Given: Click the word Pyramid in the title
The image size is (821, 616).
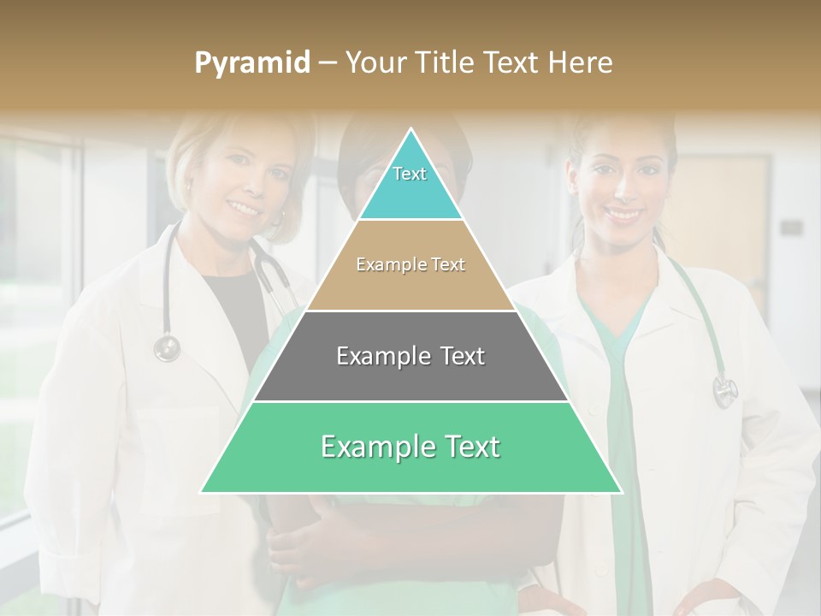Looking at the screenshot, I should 251,62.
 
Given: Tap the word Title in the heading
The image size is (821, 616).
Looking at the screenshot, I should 448,62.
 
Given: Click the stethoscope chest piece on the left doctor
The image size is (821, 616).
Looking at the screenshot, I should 167,347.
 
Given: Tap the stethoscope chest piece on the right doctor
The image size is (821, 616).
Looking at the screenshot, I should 724,390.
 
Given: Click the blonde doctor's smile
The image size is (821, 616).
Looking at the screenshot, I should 245,207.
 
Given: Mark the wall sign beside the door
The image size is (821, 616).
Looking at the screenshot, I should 791,228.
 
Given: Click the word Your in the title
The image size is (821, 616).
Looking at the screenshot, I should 371,62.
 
